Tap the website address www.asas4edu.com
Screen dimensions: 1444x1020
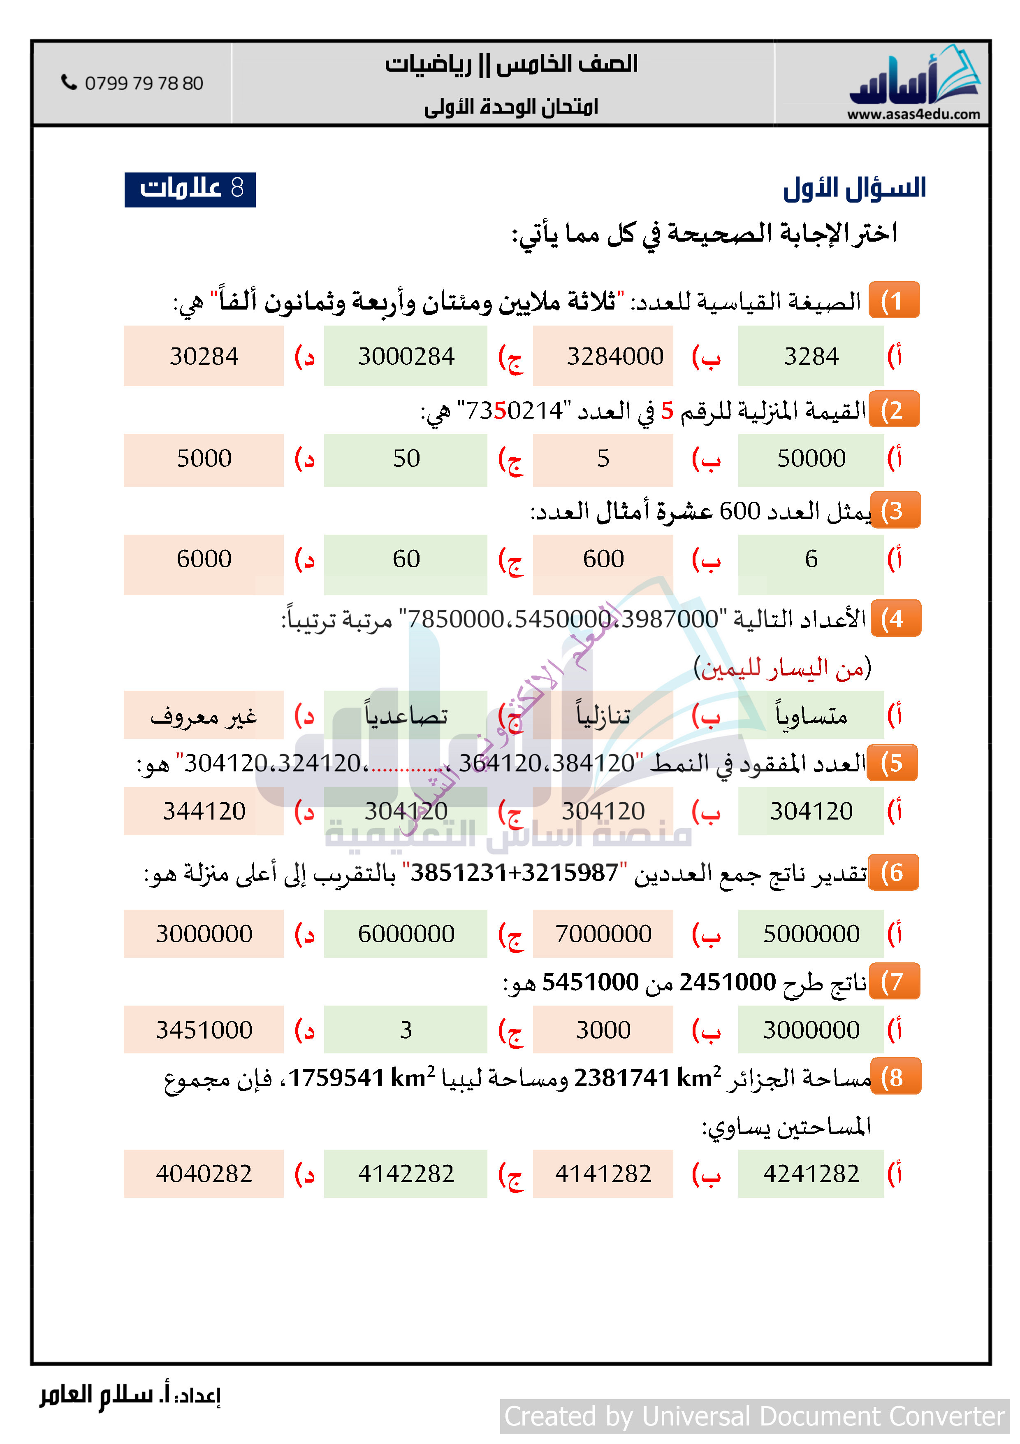(x=913, y=114)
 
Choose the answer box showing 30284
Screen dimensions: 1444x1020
(x=204, y=356)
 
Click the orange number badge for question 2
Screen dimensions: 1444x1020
(x=894, y=410)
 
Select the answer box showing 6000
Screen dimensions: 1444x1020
(x=204, y=559)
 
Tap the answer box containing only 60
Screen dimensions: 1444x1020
(x=406, y=559)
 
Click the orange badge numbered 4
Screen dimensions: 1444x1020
(x=895, y=619)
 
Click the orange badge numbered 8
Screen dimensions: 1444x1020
(x=895, y=1077)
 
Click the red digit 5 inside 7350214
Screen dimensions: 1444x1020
(x=500, y=411)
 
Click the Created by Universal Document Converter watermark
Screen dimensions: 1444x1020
(x=754, y=1416)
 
